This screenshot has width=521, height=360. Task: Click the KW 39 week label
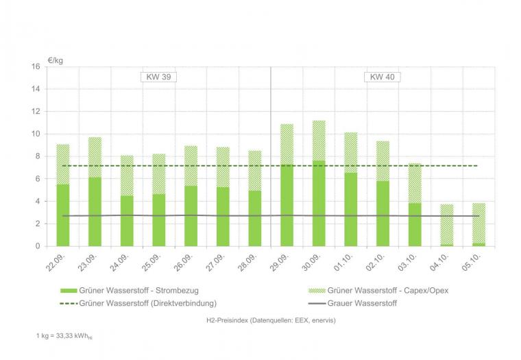point(158,77)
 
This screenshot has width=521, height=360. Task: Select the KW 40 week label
point(382,77)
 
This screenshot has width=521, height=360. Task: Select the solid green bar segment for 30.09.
point(319,203)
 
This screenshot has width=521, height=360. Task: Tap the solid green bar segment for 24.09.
point(127,221)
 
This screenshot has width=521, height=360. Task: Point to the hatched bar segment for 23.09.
point(95,157)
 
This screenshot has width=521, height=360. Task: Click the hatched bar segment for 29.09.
point(287,144)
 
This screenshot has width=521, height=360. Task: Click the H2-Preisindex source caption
point(270,320)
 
